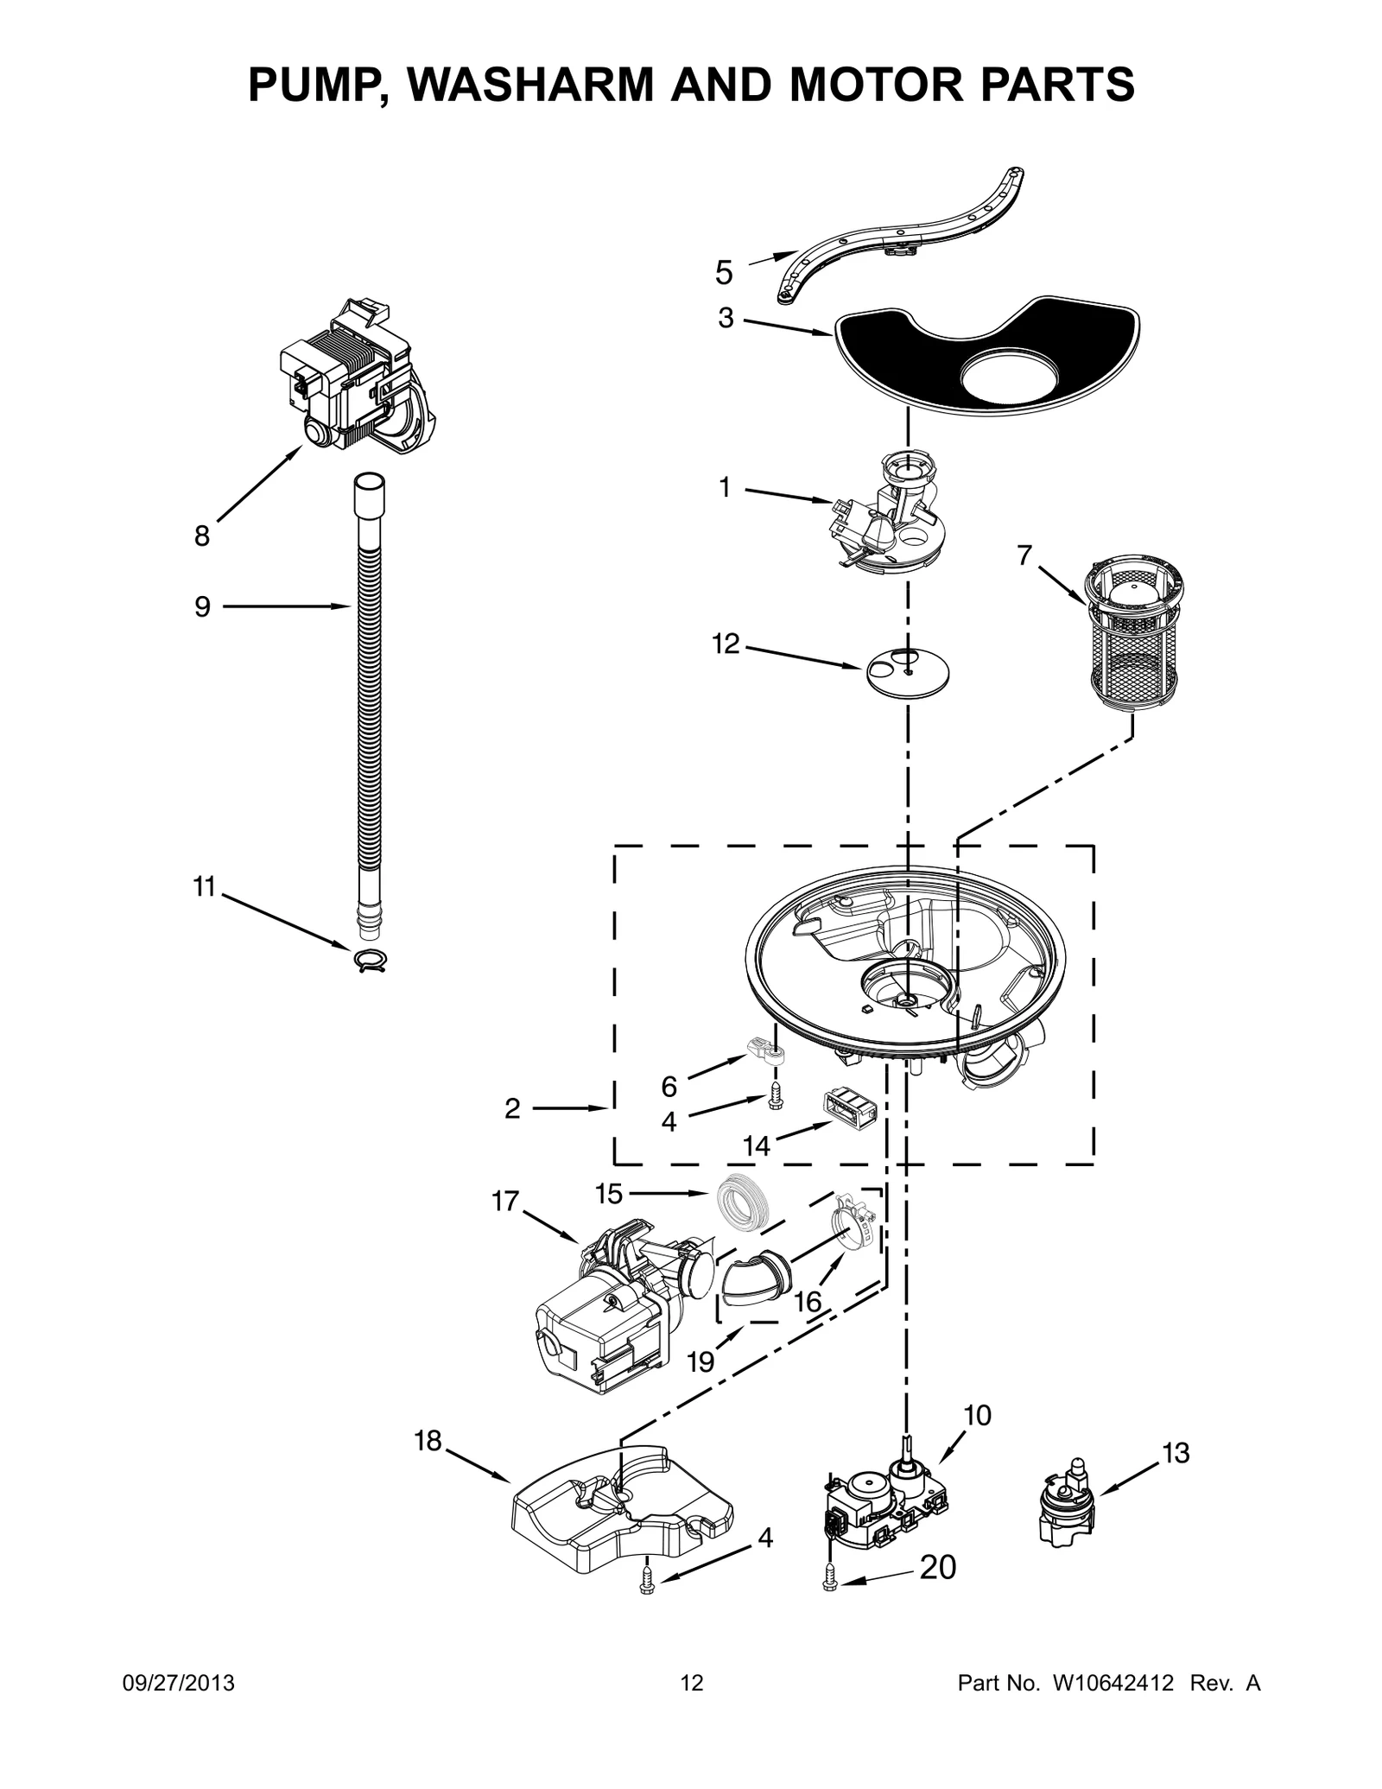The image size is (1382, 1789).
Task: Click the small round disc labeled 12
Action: point(907,669)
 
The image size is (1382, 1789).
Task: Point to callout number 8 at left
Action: point(201,536)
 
